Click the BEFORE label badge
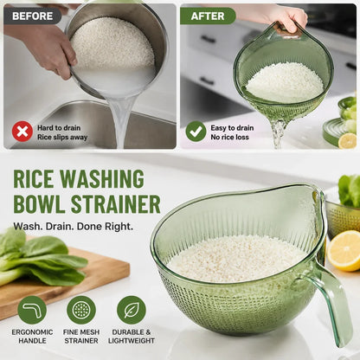pos(32,16)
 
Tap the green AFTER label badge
pos(208,16)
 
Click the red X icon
pos(22,132)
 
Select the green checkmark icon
pos(196,132)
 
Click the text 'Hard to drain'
pos(59,128)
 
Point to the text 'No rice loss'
pos(229,137)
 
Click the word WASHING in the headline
pos(102,179)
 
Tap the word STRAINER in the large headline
pos(116,204)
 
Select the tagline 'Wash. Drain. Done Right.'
pos(74,226)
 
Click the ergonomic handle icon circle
pos(32,311)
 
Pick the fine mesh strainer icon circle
pos(81,311)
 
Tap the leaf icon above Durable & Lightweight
pos(132,311)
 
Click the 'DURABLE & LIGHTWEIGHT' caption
pos(132,337)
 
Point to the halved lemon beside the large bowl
pos(344,252)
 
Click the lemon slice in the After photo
pos(348,141)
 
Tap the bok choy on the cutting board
pos(41,260)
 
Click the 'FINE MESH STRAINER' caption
pos(81,337)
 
